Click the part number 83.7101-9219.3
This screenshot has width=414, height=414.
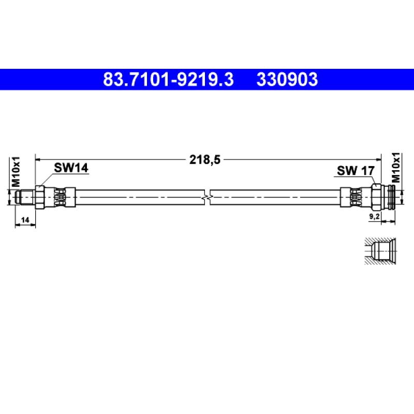click(169, 80)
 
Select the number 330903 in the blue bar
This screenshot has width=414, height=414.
click(287, 80)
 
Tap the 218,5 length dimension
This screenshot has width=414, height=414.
click(204, 160)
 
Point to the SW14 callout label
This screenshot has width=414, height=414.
click(71, 168)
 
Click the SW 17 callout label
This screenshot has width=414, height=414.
click(356, 171)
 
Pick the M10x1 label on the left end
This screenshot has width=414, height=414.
click(16, 172)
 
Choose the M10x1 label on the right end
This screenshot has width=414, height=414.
click(396, 168)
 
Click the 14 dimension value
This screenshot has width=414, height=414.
click(25, 219)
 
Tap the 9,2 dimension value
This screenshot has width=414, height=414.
click(374, 216)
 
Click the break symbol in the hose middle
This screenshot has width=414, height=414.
click(208, 197)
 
